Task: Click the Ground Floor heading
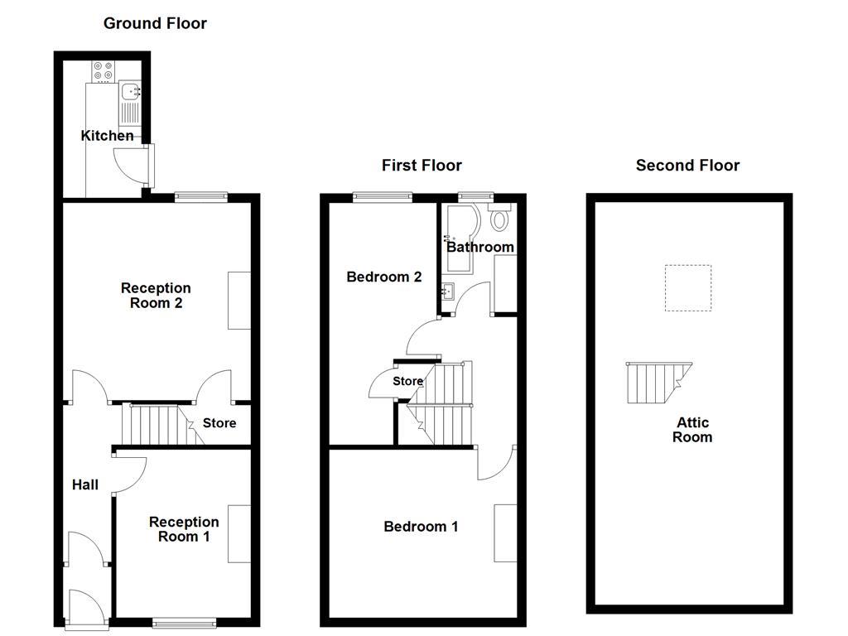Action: (155, 23)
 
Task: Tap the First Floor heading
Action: (422, 166)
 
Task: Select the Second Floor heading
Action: (687, 166)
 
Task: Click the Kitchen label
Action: (107, 136)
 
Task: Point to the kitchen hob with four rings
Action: (104, 72)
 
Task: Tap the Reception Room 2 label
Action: (156, 296)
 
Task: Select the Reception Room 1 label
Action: (184, 529)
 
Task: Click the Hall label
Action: (84, 485)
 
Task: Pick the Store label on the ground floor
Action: (219, 423)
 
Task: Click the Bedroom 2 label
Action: (384, 277)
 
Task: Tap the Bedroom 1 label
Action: (421, 527)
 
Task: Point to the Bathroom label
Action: (480, 247)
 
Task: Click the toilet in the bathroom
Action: (499, 219)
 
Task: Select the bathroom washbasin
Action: (448, 291)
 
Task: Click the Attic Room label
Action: (691, 430)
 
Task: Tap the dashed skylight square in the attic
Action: (688, 287)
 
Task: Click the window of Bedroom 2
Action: (382, 196)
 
